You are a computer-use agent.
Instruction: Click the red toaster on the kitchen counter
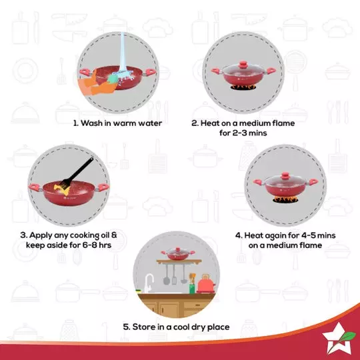pyautogui.click(x=203, y=284)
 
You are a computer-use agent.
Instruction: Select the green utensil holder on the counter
pyautogui.click(x=192, y=288)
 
